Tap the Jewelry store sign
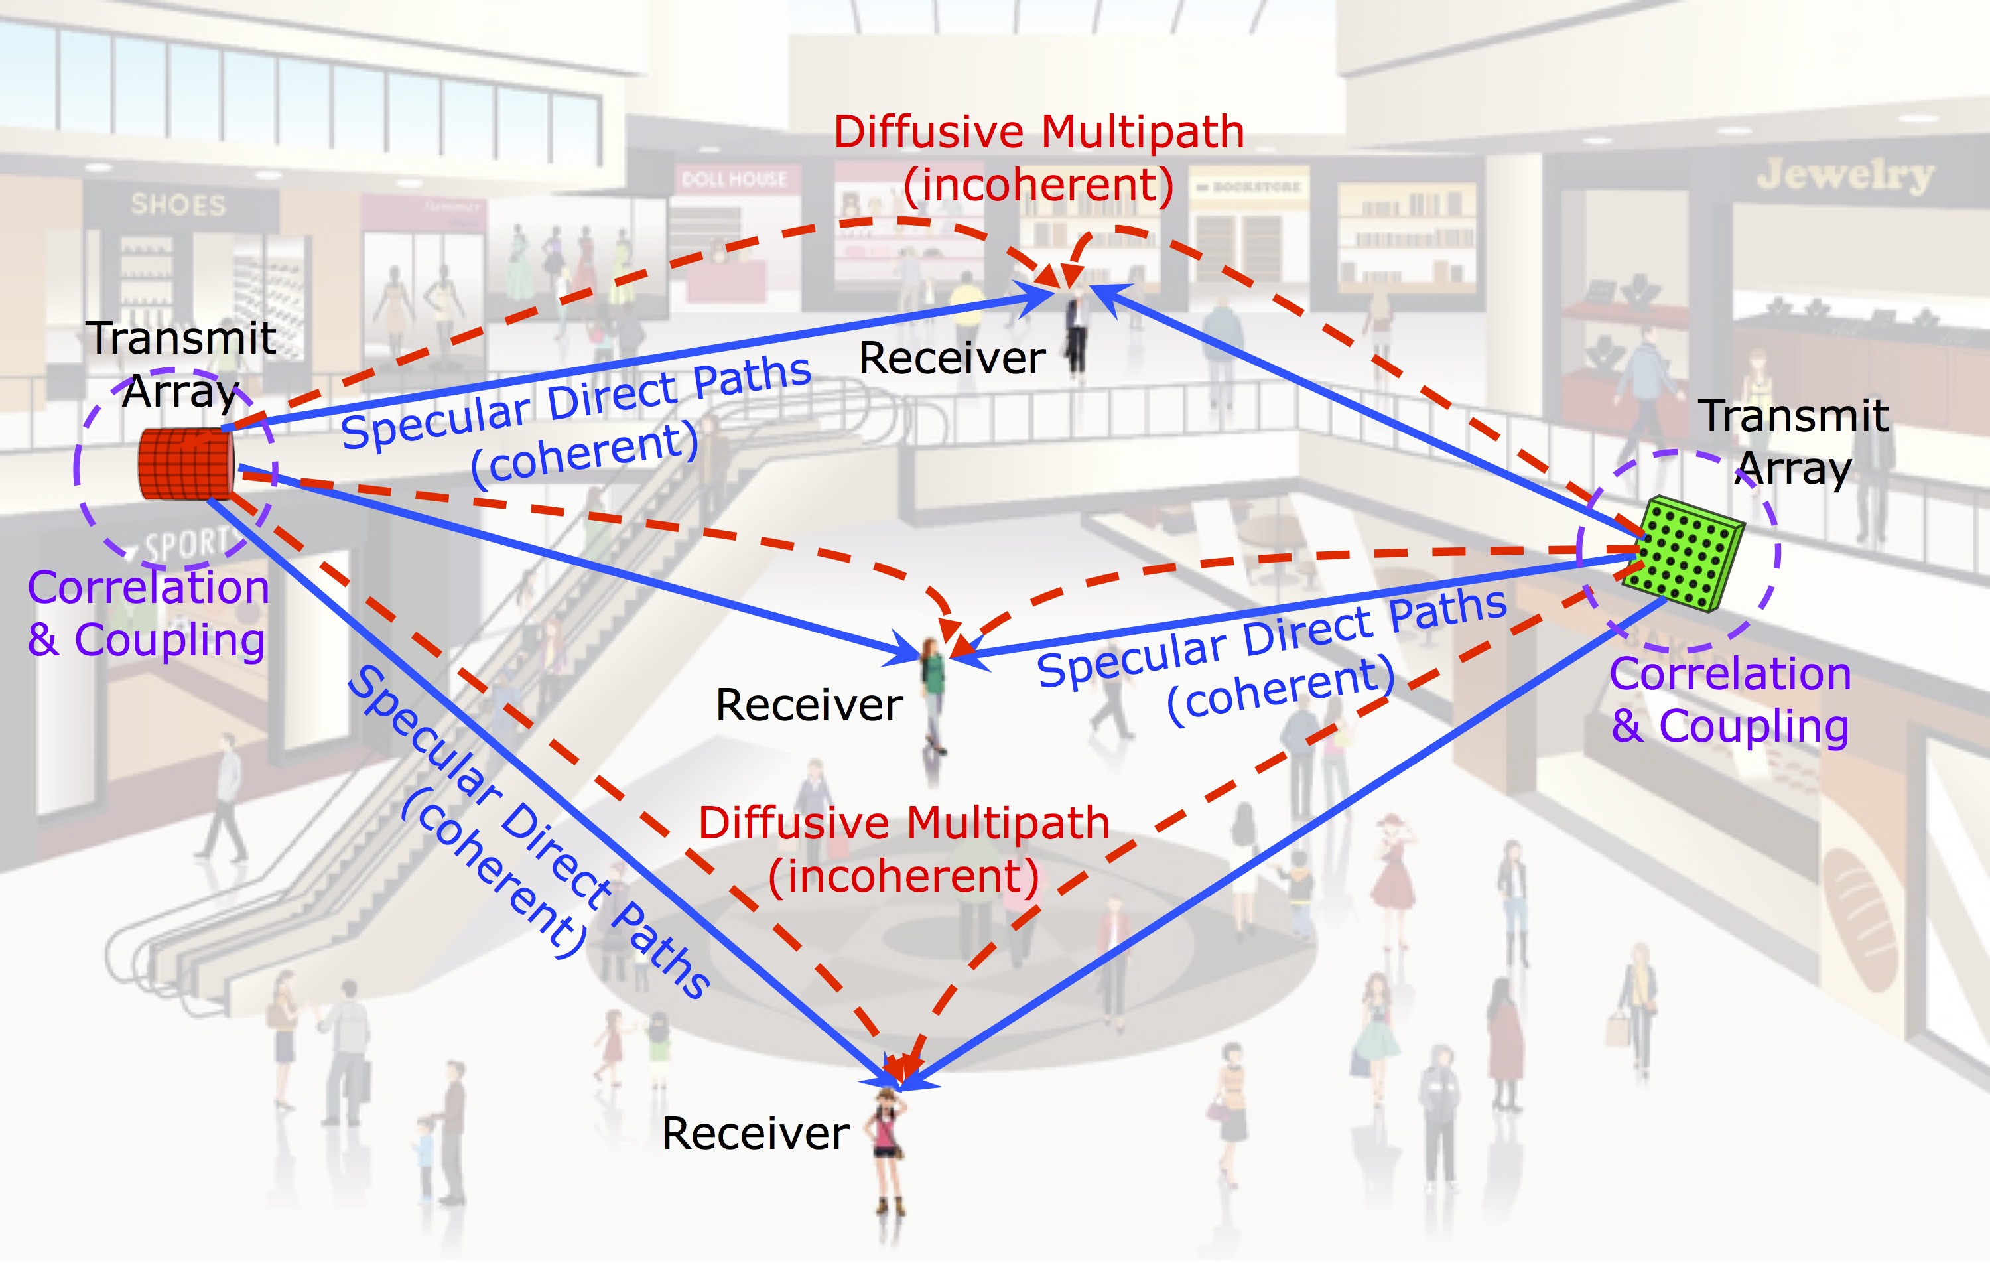[x=1845, y=175]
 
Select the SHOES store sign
[x=178, y=204]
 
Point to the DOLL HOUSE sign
[x=733, y=179]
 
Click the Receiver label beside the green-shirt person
[x=809, y=705]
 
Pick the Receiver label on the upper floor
[x=952, y=359]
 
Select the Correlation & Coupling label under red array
[x=148, y=614]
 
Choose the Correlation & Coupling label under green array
[x=1731, y=699]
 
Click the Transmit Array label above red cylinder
[x=181, y=364]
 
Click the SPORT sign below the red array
[x=185, y=544]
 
